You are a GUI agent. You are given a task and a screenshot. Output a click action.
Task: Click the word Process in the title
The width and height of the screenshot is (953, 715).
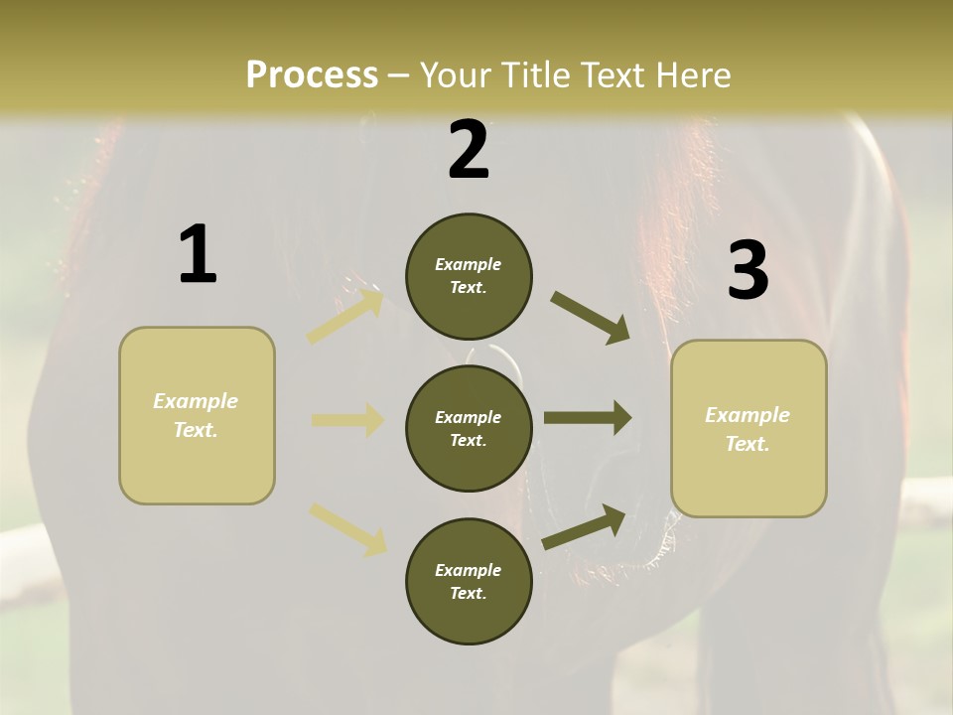312,75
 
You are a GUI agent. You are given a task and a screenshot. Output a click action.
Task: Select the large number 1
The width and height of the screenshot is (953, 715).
198,255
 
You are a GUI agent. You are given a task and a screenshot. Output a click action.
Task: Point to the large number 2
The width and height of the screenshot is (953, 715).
469,150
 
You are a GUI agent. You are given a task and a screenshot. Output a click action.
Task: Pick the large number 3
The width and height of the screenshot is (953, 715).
748,271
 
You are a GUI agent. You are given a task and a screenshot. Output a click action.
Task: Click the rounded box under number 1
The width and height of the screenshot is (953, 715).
197,415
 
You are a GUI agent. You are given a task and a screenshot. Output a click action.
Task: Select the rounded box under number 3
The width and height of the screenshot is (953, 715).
749,429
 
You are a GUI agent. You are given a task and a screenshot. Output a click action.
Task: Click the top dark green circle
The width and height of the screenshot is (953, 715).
469,276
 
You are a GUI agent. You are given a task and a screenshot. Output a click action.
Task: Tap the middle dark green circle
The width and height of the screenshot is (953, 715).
469,428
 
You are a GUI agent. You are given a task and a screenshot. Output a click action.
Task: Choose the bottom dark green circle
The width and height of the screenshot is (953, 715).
469,581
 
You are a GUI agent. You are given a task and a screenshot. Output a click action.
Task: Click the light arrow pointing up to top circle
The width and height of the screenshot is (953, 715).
345,316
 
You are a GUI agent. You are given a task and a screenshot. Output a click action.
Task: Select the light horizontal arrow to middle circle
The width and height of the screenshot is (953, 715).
347,420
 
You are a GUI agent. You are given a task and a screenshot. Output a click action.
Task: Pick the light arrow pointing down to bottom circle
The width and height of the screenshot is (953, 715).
347,528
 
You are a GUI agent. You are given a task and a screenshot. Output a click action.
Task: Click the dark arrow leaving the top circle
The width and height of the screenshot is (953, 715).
590,317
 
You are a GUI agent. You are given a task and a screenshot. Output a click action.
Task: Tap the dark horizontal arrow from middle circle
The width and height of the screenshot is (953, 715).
588,417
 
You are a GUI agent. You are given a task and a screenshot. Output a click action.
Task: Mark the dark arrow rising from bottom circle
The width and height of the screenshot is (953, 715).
584,527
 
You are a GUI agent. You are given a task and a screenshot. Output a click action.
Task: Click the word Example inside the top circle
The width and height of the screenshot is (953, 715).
469,265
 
